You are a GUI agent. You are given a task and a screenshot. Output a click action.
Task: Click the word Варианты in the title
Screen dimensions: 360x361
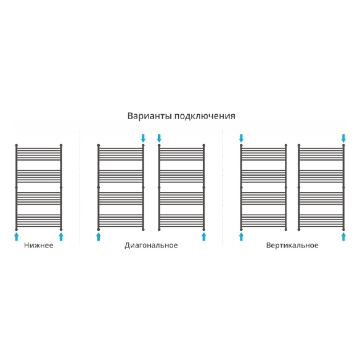pyautogui.click(x=150, y=116)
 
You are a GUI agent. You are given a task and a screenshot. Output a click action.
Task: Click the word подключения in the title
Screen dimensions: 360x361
pyautogui.click(x=205, y=116)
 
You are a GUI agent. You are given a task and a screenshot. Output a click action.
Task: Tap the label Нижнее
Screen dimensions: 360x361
pyautogui.click(x=39, y=245)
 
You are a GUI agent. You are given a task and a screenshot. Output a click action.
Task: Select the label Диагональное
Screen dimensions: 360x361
pyautogui.click(x=151, y=246)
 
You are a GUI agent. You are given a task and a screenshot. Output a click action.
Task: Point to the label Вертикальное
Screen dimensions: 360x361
pyautogui.click(x=292, y=246)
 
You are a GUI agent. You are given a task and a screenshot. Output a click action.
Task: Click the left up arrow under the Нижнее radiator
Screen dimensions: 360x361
pyautogui.click(x=16, y=236)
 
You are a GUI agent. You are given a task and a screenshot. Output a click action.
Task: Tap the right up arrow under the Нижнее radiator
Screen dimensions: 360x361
pyautogui.click(x=61, y=236)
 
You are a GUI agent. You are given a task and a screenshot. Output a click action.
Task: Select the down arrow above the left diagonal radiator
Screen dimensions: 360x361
pyautogui.click(x=143, y=138)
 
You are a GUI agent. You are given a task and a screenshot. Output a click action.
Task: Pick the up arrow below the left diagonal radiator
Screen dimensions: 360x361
pyautogui.click(x=99, y=236)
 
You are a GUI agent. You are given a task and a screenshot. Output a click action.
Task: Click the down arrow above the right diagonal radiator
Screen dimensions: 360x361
pyautogui.click(x=159, y=138)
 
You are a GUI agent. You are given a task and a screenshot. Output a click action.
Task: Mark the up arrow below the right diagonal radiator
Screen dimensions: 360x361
pyautogui.click(x=204, y=236)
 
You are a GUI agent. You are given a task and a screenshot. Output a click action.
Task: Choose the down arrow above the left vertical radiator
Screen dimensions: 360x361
pyautogui.click(x=241, y=138)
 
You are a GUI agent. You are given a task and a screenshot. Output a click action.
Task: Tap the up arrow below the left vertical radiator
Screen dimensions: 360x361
pyautogui.click(x=241, y=236)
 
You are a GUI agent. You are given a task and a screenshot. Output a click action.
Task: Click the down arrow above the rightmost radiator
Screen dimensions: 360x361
pyautogui.click(x=343, y=138)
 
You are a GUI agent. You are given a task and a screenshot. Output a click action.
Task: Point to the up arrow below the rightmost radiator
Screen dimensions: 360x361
pyautogui.click(x=343, y=236)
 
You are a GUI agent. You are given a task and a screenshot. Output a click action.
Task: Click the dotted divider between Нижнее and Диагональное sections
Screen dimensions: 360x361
pyautogui.click(x=80, y=187)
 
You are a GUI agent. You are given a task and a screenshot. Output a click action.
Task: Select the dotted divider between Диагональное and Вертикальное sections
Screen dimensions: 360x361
pyautogui.click(x=222, y=187)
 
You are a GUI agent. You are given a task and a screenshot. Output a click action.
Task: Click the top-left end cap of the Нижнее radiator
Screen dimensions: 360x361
pyautogui.click(x=16, y=145)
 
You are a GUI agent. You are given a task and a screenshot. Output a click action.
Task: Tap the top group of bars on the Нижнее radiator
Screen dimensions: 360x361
pyautogui.click(x=39, y=154)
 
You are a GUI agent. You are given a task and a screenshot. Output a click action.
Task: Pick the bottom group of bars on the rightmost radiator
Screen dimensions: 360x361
pyautogui.click(x=321, y=220)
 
